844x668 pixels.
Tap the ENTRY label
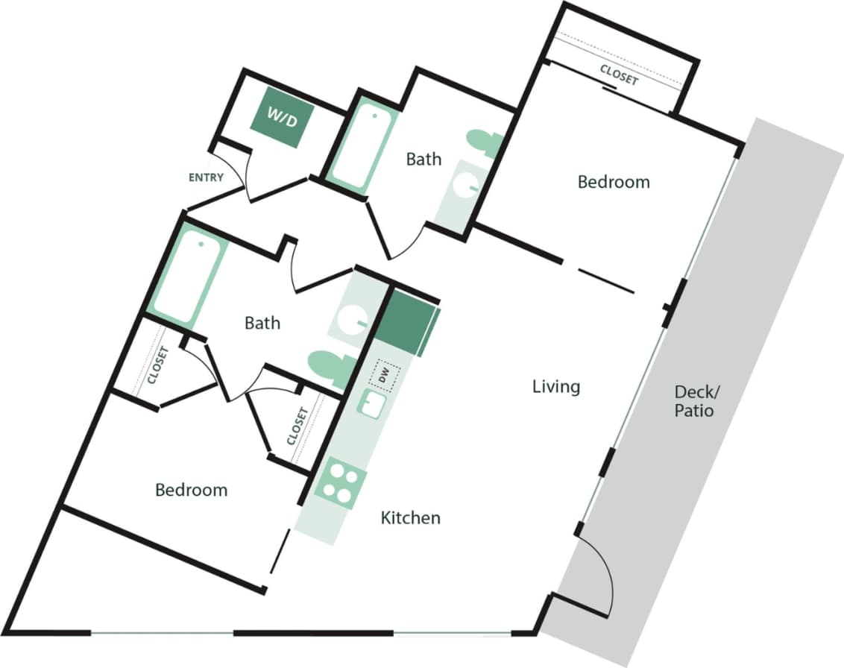click(206, 177)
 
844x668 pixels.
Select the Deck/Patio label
click(693, 400)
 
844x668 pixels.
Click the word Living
click(556, 387)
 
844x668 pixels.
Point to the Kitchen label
click(410, 517)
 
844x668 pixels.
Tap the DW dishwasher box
click(385, 374)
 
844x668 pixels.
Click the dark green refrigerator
click(406, 321)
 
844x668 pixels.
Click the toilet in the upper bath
click(484, 142)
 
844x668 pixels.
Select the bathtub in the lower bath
click(186, 276)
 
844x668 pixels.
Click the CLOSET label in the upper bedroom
click(619, 75)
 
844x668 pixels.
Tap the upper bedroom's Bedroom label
click(614, 182)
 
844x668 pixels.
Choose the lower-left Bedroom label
click(191, 490)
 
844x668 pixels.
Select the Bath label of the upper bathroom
click(423, 159)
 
